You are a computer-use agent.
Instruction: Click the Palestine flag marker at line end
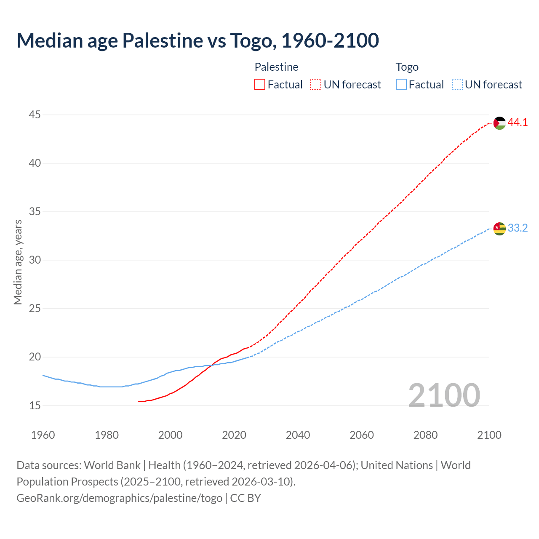[x=499, y=123]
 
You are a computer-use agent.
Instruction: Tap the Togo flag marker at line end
[x=499, y=229]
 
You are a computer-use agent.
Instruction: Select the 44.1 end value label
[x=518, y=123]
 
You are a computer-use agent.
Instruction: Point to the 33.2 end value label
[x=518, y=228]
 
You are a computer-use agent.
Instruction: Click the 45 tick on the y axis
[x=35, y=115]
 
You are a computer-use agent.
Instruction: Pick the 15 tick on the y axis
[x=35, y=406]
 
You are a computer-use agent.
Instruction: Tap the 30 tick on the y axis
[x=35, y=260]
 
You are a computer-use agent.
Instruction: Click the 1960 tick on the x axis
[x=43, y=435]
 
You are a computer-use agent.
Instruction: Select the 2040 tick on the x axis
[x=298, y=435]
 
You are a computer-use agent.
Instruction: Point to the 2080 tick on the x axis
[x=425, y=435]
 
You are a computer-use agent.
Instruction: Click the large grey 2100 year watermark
[x=444, y=395]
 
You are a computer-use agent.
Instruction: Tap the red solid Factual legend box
[x=260, y=85]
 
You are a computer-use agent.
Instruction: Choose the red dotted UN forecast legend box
[x=316, y=85]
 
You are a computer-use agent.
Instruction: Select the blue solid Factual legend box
[x=401, y=85]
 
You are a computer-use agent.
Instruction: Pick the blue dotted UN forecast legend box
[x=457, y=85]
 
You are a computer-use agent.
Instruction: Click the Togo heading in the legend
[x=407, y=67]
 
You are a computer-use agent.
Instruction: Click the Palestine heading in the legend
[x=276, y=67]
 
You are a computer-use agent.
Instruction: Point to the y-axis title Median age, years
[x=18, y=262]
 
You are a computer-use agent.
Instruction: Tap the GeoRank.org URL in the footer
[x=119, y=498]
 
